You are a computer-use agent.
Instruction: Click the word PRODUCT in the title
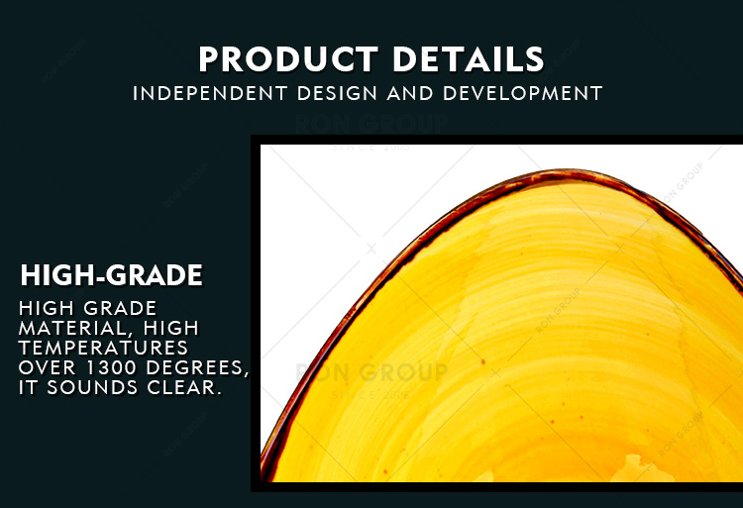[288, 59]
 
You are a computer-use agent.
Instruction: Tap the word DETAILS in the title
[469, 59]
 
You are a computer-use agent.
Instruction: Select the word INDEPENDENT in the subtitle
[210, 93]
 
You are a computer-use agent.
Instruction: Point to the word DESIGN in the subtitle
[338, 93]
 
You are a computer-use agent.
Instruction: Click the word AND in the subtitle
[410, 93]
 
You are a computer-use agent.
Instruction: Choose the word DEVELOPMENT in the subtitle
[523, 93]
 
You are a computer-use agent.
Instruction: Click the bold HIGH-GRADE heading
[111, 275]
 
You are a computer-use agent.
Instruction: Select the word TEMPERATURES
[103, 348]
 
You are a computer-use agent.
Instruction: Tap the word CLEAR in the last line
[184, 388]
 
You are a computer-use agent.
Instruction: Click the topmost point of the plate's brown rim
[564, 170]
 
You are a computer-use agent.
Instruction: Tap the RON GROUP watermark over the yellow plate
[371, 372]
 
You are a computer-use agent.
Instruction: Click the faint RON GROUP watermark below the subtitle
[371, 124]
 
